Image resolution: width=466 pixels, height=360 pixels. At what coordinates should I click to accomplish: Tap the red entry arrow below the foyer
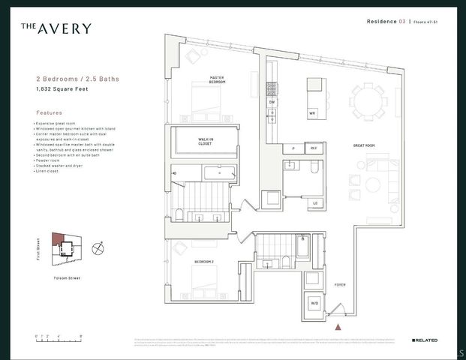pyautogui.click(x=338, y=327)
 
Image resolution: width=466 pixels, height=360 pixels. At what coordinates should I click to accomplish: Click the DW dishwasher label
pyautogui.click(x=272, y=101)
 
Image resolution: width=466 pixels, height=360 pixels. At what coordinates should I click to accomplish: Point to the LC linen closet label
pyautogui.click(x=314, y=202)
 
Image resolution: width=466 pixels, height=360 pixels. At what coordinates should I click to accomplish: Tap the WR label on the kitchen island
pyautogui.click(x=311, y=113)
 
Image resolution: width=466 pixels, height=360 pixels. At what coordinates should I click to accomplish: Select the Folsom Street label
pyautogui.click(x=68, y=278)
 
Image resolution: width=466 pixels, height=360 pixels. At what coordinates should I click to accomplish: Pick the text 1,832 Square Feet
pyautogui.click(x=59, y=88)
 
